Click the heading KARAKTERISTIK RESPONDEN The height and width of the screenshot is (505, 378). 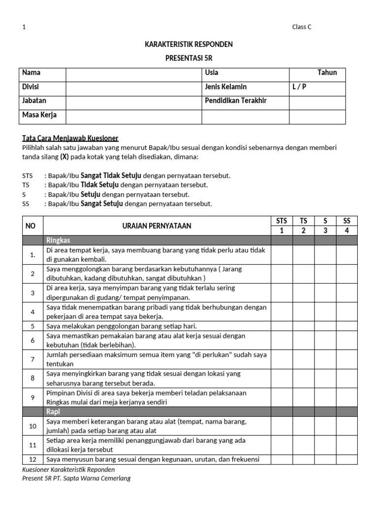tap(189, 44)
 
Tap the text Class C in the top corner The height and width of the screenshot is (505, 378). tap(302, 27)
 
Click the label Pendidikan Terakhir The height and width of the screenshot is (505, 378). tap(235, 101)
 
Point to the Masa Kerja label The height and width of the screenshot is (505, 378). tap(39, 115)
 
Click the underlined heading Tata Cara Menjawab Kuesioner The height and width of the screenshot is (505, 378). tap(70, 138)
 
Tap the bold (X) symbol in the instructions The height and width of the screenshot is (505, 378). tap(64, 157)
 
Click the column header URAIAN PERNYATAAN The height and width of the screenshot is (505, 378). tap(157, 226)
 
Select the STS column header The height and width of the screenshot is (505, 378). tap(282, 221)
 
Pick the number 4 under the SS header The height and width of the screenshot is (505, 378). tap(346, 231)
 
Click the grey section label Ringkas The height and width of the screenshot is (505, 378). tap(58, 241)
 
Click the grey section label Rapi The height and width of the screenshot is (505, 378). tap(53, 411)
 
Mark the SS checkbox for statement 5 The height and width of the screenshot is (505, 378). tap(346, 326)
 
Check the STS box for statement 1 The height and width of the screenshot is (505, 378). tap(282, 255)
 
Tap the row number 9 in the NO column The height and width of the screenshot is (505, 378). tap(32, 397)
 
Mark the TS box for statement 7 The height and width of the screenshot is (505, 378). tap(303, 360)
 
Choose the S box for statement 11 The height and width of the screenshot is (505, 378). tap(325, 445)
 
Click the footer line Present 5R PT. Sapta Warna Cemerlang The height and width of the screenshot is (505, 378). tap(76, 478)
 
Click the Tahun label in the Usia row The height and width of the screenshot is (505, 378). tap(327, 73)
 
